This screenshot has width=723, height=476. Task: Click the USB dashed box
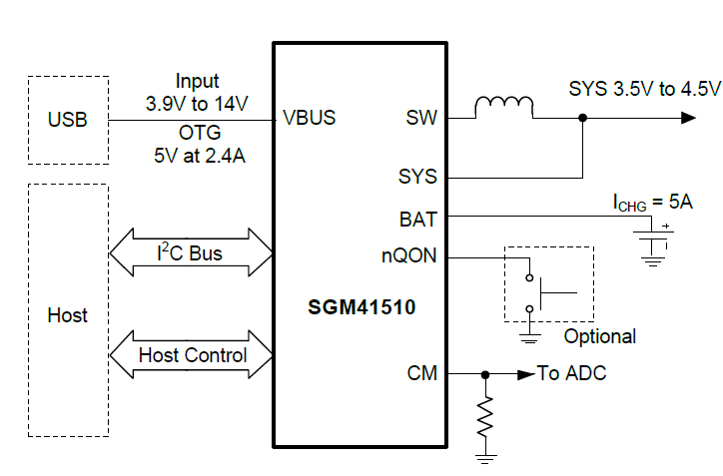tap(68, 120)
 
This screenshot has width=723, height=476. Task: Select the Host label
tap(68, 315)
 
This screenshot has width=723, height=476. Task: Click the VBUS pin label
tap(310, 118)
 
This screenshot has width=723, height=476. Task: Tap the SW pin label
tap(421, 118)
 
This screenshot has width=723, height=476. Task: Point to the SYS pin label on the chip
tap(417, 177)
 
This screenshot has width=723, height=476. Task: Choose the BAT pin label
tap(417, 217)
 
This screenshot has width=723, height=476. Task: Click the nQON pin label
tap(409, 256)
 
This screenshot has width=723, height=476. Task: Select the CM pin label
tap(421, 374)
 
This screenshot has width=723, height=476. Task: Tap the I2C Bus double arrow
tap(190, 253)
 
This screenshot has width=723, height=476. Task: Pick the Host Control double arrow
tap(191, 355)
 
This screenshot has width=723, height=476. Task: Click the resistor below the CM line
tap(486, 418)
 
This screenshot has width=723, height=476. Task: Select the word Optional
tap(600, 336)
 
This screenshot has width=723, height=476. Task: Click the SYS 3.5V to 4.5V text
tap(644, 88)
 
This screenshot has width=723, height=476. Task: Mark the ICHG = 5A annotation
tap(652, 202)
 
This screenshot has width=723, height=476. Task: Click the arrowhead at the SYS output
tap(688, 118)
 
